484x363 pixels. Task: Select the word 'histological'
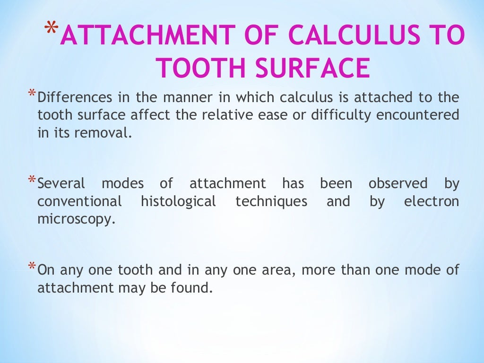pyautogui.click(x=178, y=202)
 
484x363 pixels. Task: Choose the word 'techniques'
pyautogui.click(x=271, y=202)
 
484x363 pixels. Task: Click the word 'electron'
pyautogui.click(x=432, y=202)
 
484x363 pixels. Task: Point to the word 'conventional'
pyautogui.click(x=79, y=202)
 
